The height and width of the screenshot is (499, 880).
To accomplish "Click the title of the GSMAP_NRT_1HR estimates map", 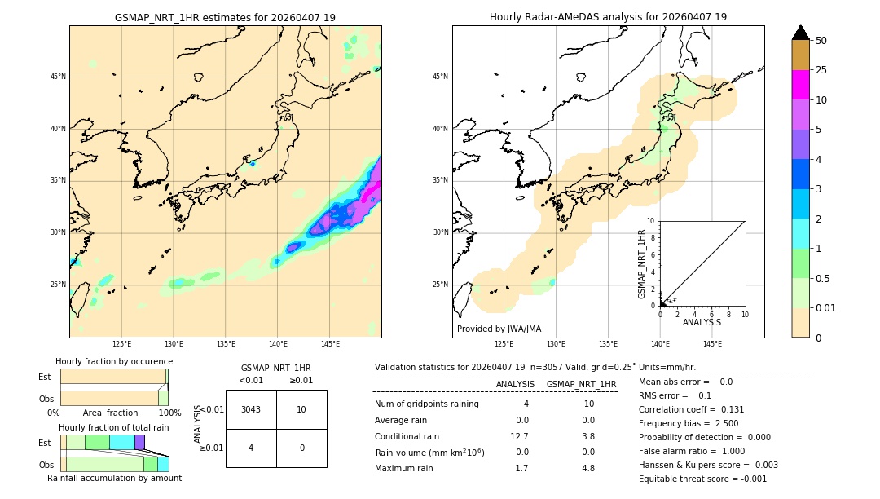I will click(225, 17).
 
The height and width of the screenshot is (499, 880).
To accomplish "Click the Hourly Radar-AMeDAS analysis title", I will click(608, 17).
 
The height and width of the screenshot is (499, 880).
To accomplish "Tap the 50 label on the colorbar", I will click(821, 41).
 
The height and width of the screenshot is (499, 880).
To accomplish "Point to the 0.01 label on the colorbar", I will click(826, 307).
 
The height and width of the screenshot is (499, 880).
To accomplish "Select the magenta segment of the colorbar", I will click(800, 85).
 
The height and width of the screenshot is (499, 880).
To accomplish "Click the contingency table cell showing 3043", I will click(251, 409).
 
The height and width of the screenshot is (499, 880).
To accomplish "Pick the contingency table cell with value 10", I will click(301, 409).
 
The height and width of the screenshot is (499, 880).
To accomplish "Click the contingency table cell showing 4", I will click(251, 448).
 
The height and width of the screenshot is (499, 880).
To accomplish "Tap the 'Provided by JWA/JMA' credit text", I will click(499, 329).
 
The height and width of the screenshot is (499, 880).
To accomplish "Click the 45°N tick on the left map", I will click(58, 77).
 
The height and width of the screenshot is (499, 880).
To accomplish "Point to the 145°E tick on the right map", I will click(712, 344).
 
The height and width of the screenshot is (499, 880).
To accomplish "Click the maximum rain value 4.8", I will click(588, 468).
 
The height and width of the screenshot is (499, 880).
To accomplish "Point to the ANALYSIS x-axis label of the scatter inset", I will click(702, 322).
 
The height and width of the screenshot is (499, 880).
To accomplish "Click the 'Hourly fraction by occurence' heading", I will click(114, 361).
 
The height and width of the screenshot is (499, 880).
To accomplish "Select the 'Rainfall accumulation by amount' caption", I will click(114, 478).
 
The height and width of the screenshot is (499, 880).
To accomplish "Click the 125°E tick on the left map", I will click(121, 344).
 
